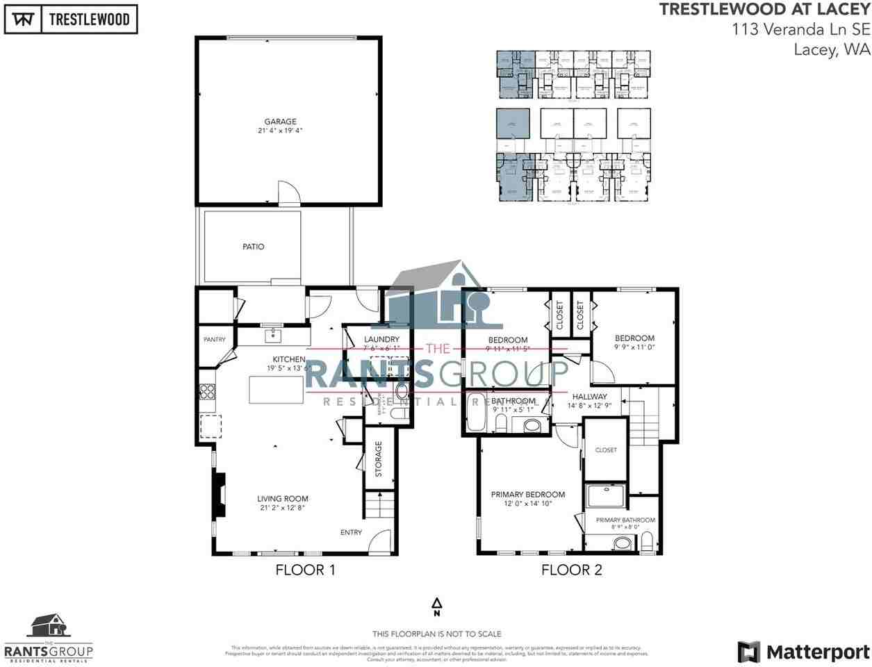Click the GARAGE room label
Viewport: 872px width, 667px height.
[x=280, y=122]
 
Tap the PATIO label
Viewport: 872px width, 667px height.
[x=253, y=247]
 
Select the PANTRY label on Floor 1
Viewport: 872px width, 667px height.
[x=214, y=340]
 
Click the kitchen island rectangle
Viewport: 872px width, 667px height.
[x=277, y=389]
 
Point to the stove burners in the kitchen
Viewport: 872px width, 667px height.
[x=207, y=392]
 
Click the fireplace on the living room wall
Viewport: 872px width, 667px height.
[x=220, y=495]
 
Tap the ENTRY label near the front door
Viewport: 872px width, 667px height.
[x=351, y=532]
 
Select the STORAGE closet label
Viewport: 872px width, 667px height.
[x=379, y=459]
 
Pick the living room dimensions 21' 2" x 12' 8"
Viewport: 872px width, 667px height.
[x=281, y=508]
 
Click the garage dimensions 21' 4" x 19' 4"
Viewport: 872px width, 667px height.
[x=279, y=131]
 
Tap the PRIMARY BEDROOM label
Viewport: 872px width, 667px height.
[x=527, y=495]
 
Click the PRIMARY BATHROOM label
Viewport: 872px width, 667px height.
[x=625, y=520]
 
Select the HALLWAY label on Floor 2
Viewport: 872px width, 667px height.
[x=589, y=397]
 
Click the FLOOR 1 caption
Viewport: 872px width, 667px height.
[x=305, y=570]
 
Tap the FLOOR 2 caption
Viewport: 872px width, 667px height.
[x=571, y=570]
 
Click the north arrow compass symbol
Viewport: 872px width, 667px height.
[x=436, y=607]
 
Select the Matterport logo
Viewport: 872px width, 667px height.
[x=803, y=652]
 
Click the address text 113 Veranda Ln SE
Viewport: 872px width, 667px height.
[x=800, y=29]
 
